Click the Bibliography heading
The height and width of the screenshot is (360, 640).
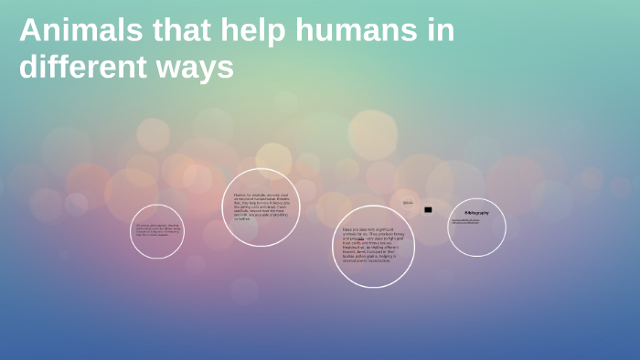pyautogui.click(x=476, y=212)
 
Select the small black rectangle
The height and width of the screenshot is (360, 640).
pyautogui.click(x=428, y=209)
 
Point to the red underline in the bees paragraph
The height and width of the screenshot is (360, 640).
pyautogui.click(x=360, y=239)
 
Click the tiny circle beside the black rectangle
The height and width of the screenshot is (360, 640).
pyautogui.click(x=408, y=203)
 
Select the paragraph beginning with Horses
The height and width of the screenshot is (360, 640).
pyautogui.click(x=261, y=206)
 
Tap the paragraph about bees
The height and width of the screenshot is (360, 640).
pyautogui.click(x=373, y=246)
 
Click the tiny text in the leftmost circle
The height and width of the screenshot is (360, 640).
pyautogui.click(x=157, y=230)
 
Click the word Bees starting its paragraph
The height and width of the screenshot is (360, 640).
pyautogui.click(x=347, y=229)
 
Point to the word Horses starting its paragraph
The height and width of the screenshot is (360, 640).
pyautogui.click(x=240, y=195)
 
